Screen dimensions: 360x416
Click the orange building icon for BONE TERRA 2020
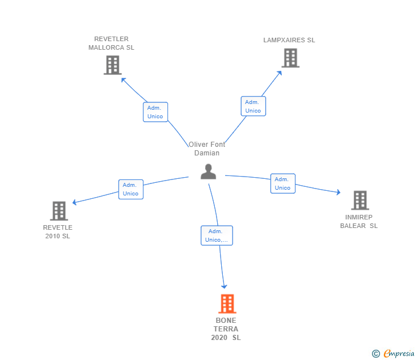tap(227, 304)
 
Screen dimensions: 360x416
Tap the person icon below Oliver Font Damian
tap(209, 171)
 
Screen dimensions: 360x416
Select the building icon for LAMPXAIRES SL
tap(290, 58)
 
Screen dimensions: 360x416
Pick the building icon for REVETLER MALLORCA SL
tap(113, 65)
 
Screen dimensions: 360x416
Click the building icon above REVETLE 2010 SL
tap(59, 211)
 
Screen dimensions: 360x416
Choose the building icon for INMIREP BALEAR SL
tap(359, 201)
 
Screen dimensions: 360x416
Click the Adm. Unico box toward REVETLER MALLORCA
tap(155, 112)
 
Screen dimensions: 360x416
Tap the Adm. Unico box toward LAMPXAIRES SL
tap(253, 106)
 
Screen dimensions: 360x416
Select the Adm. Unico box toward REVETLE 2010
tap(131, 189)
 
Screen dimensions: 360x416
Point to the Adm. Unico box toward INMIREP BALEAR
tap(282, 183)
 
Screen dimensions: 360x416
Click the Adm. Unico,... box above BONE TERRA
tap(217, 235)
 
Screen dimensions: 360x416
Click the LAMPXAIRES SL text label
tap(289, 40)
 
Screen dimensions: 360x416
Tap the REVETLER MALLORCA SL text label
tap(111, 43)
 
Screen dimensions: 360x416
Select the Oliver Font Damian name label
tap(207, 149)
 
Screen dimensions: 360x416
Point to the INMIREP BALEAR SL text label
tap(359, 221)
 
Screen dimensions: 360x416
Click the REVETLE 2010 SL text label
tap(58, 231)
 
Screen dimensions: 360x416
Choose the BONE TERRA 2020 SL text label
tap(226, 329)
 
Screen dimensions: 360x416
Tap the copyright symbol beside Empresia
tap(376, 354)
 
